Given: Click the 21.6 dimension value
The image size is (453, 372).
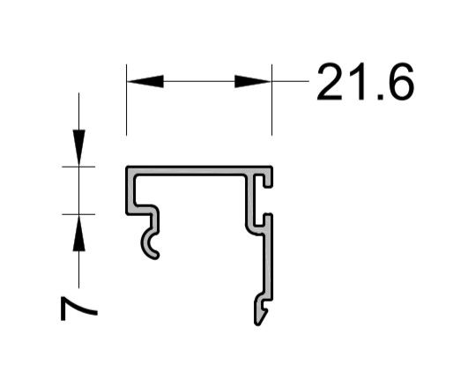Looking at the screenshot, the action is tap(366, 81).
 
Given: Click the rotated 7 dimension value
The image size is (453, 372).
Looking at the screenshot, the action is tap(78, 309).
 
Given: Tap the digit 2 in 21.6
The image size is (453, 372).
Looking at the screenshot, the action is tap(330, 81).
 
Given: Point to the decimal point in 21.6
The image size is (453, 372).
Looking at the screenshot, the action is tap(380, 97).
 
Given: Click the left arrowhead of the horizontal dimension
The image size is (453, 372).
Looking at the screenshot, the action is tap(145, 81).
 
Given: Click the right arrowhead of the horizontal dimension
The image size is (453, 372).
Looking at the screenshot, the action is tap(253, 81).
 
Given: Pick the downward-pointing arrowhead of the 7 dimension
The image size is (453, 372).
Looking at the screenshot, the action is tap(78, 148).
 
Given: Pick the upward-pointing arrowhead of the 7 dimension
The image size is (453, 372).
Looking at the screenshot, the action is tap(78, 233).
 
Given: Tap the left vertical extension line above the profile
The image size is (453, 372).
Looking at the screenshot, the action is tap(127, 100).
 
